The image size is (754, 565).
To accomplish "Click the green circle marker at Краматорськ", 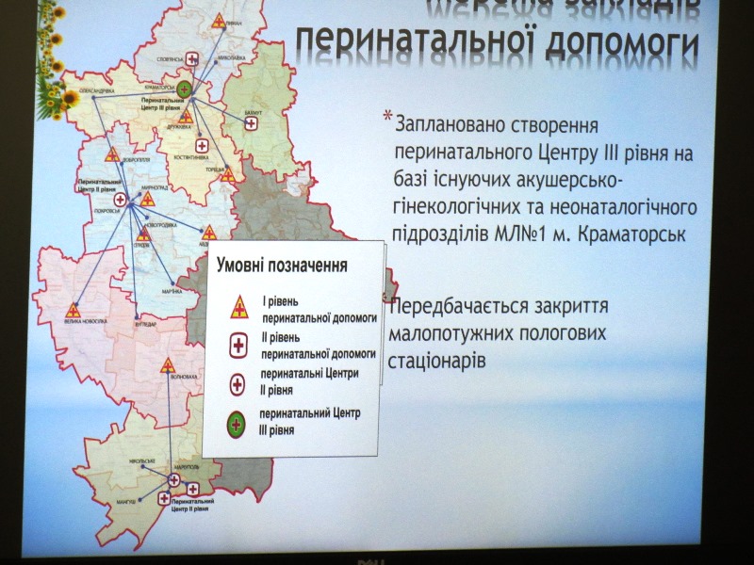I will coord(186,89).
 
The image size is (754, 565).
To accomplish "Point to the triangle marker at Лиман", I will coord(219,20).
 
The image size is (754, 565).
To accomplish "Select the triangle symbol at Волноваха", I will coord(168,364).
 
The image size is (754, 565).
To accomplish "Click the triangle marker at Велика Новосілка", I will coord(76,309).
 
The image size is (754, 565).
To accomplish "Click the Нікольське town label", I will coord(137,460).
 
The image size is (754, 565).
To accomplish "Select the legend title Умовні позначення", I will coord(282,266).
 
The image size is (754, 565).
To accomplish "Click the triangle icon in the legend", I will coord(239,306).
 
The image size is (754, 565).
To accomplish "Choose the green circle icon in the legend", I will coord(239,421).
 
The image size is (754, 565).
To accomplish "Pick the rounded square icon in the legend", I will coord(238,346).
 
